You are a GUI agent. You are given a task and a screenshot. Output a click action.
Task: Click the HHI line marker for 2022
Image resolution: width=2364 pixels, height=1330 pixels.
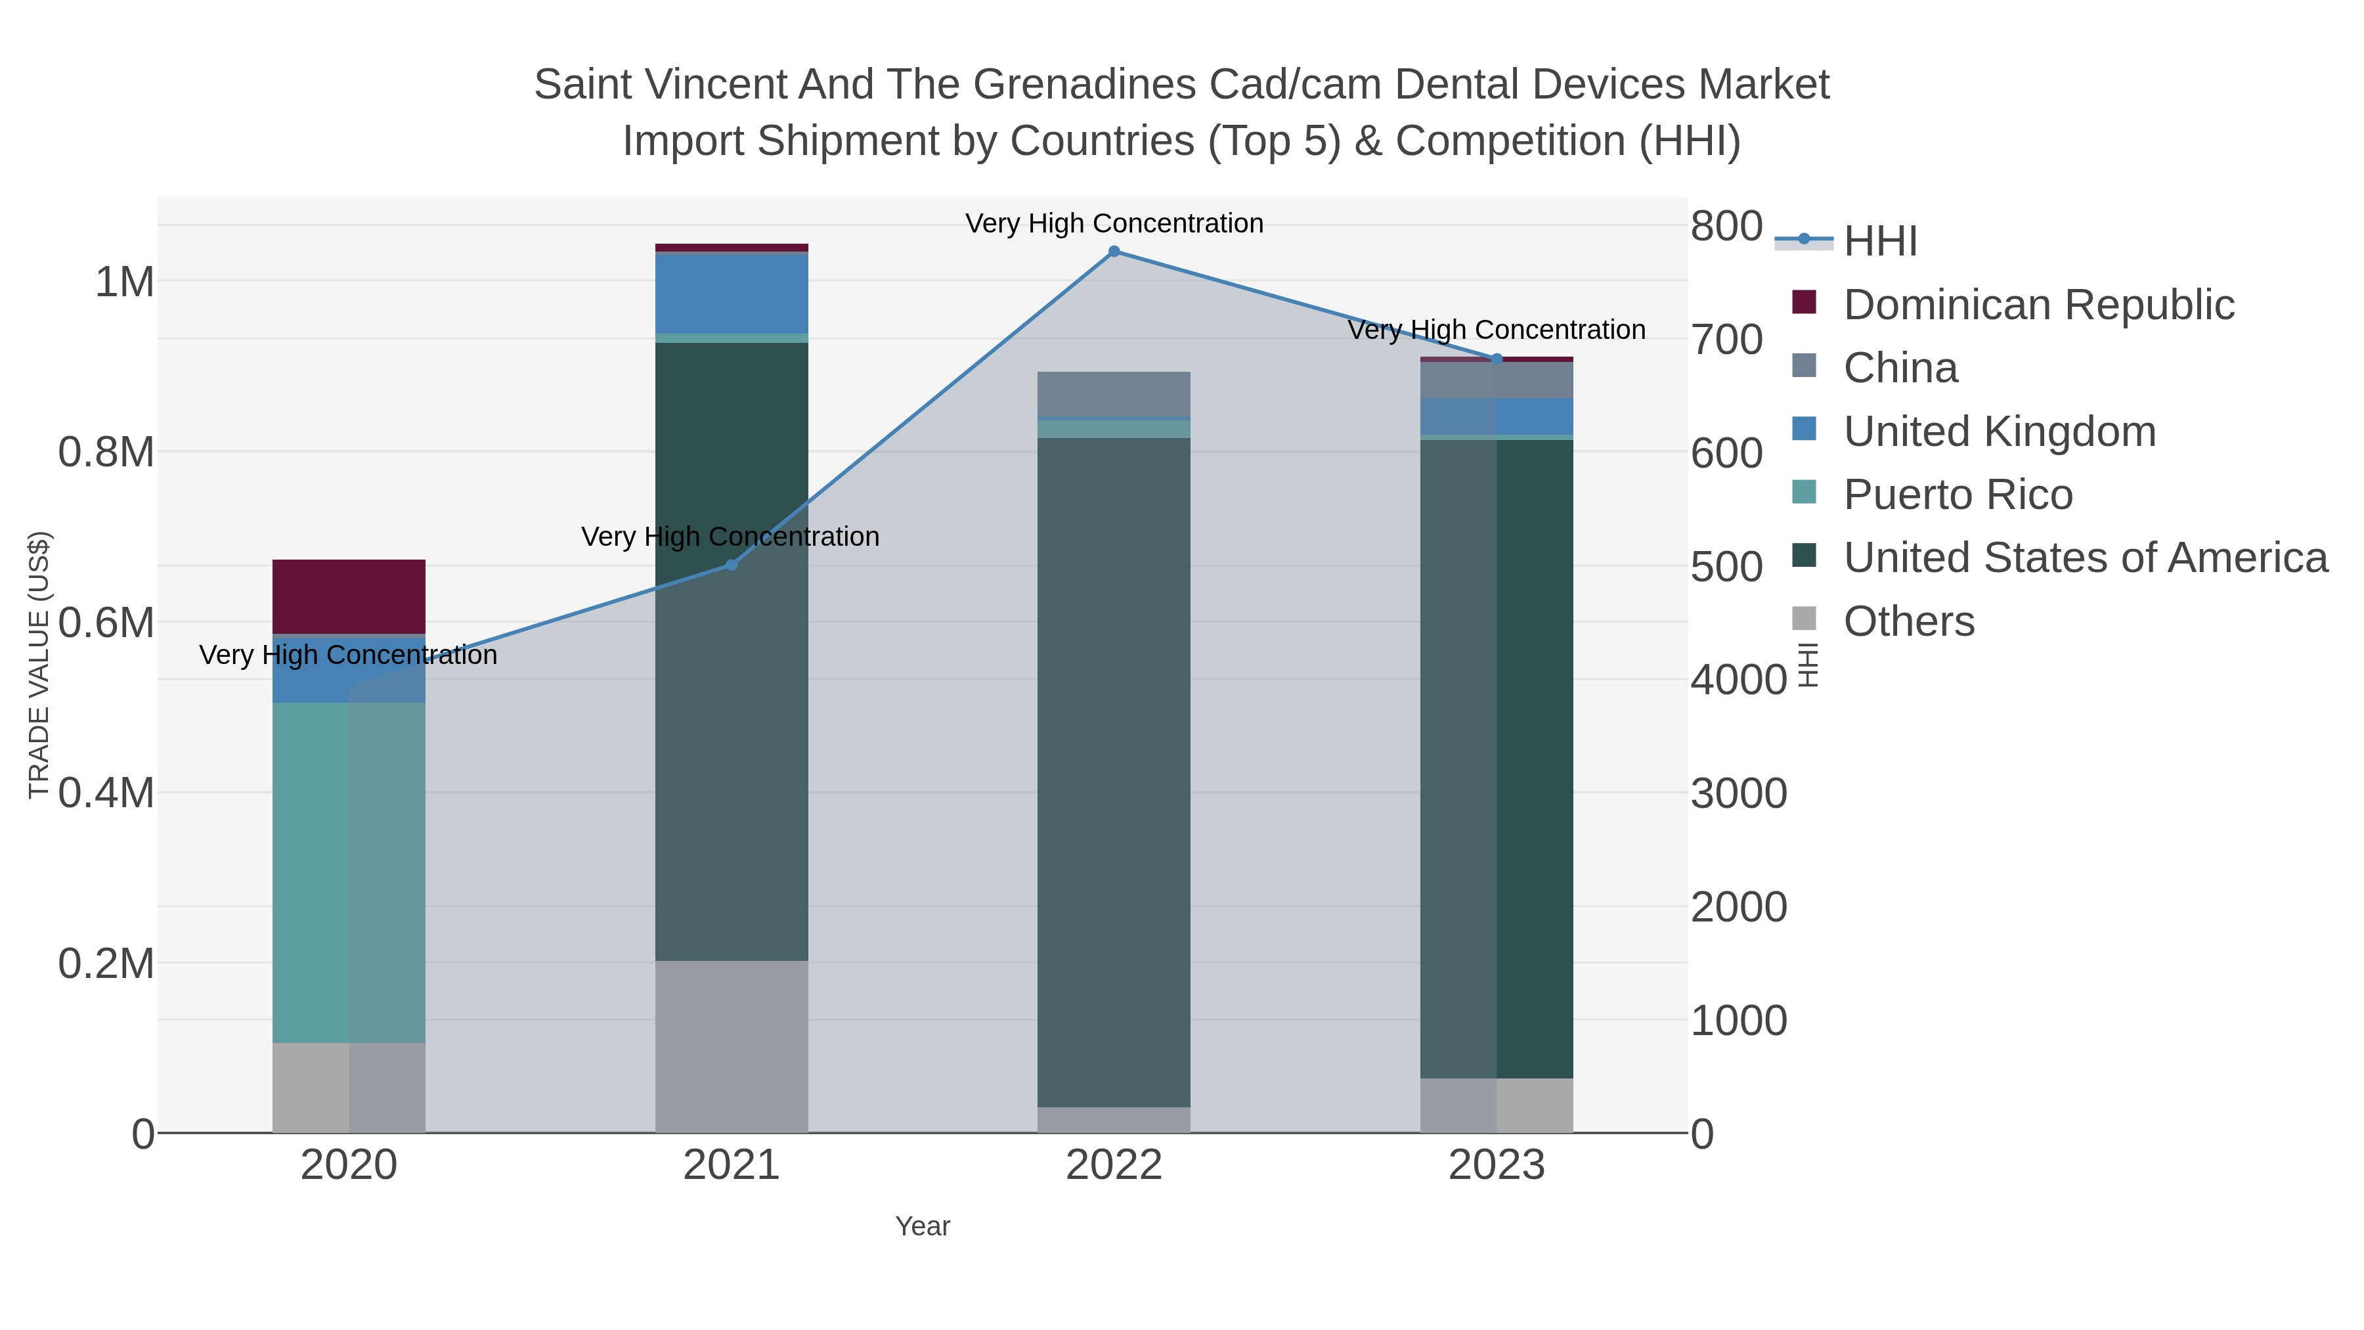point(1114,252)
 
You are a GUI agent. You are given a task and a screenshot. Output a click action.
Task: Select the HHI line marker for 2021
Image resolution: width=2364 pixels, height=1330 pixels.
point(732,564)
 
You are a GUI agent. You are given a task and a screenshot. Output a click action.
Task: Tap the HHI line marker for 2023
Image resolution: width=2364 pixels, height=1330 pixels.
point(1497,359)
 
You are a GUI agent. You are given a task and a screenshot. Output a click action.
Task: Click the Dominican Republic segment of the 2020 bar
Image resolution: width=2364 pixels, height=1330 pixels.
point(349,596)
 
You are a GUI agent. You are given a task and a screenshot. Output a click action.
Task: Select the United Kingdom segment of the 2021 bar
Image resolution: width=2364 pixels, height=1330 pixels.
point(732,294)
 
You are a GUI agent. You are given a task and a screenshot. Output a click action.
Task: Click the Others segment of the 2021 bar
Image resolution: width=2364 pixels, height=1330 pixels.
point(732,1046)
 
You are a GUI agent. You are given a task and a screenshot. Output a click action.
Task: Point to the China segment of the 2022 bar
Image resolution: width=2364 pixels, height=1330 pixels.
point(1114,394)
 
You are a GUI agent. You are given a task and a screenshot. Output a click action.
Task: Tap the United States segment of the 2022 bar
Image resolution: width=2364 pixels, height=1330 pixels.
point(1114,771)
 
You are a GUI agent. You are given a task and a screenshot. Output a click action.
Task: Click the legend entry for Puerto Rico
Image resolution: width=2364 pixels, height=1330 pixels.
point(1958,495)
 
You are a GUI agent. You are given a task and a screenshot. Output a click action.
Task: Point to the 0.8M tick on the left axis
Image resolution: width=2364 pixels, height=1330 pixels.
point(106,453)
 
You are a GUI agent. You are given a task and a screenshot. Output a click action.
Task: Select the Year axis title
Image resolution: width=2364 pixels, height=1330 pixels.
point(923,1226)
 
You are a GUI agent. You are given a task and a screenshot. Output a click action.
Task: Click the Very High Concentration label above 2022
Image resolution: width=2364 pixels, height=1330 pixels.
point(1114,223)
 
